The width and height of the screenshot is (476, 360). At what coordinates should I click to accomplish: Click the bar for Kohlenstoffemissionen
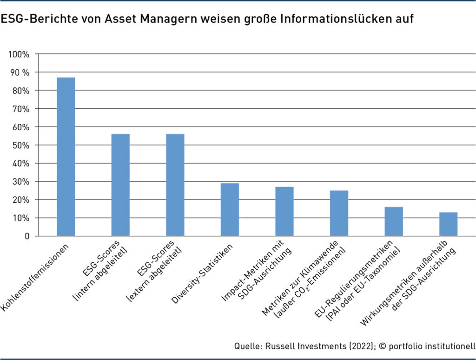tap(66, 157)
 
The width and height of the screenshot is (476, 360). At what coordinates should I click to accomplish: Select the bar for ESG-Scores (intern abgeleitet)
tap(120, 185)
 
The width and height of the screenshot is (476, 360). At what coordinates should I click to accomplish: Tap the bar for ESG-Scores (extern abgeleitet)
tap(175, 185)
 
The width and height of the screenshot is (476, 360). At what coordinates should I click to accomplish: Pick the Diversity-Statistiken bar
tap(230, 210)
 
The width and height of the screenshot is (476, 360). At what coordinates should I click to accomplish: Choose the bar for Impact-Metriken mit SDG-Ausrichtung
tap(284, 212)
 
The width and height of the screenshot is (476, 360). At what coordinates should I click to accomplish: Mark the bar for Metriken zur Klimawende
tap(339, 213)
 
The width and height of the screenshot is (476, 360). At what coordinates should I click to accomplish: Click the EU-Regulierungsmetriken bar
tap(394, 221)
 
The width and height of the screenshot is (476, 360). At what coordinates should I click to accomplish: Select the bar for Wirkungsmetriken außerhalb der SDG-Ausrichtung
tap(448, 224)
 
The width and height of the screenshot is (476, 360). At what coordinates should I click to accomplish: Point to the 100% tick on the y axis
tap(19, 54)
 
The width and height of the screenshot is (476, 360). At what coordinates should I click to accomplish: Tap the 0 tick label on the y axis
tap(27, 236)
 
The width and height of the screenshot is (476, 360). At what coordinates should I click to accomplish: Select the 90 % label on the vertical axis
tap(19, 73)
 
